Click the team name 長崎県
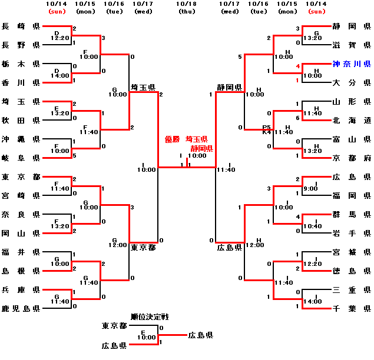click(21, 26)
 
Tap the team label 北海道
click(352, 121)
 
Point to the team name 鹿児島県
click(21, 308)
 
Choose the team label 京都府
click(352, 158)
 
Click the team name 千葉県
click(352, 308)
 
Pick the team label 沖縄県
click(21, 139)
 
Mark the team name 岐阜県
click(21, 158)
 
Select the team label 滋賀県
click(352, 45)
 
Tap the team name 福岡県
click(352, 195)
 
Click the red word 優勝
click(172, 139)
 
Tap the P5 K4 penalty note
click(267, 129)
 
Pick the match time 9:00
click(310, 189)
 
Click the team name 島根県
click(21, 271)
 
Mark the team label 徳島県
click(352, 271)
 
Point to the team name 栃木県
click(21, 64)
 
